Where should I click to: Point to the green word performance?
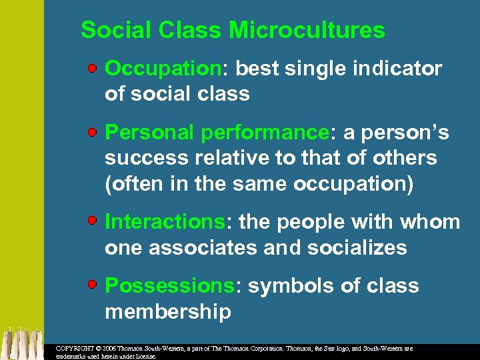point(265,133)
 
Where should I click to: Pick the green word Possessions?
point(169,286)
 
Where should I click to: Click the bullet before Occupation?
point(95,69)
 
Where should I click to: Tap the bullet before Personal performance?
point(95,133)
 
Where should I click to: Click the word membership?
point(168,311)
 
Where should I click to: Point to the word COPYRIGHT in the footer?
point(75,349)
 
